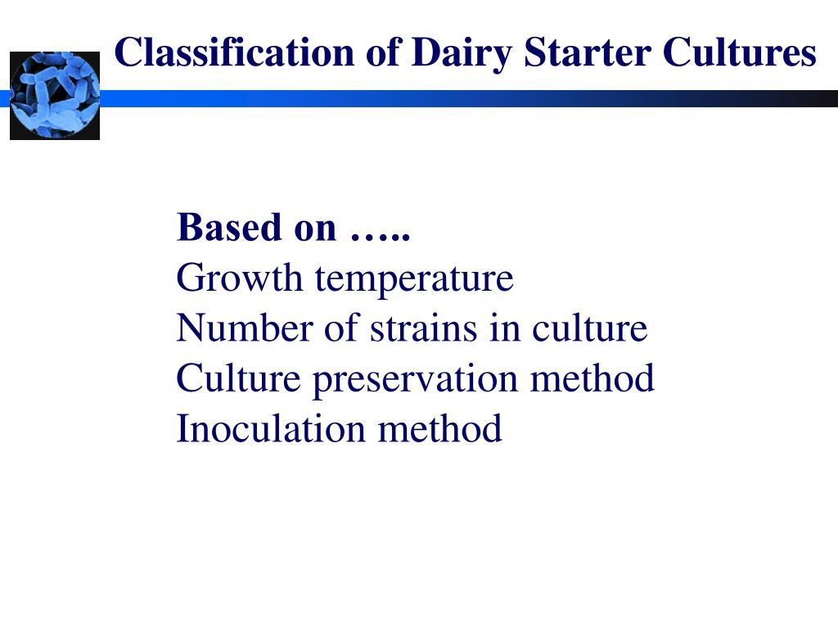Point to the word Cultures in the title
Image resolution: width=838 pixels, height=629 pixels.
pos(740,53)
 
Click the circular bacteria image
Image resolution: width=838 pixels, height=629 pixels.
pos(55,95)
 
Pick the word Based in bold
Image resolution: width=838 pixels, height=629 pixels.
pos(230,228)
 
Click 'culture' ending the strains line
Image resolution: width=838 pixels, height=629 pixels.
pos(590,328)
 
